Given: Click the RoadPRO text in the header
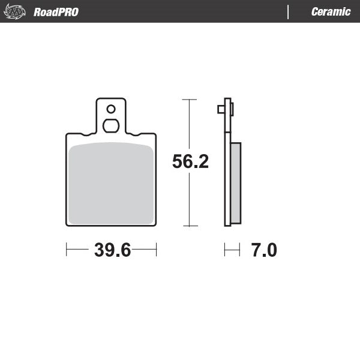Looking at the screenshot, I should (56, 12).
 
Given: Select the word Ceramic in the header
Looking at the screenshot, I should (331, 12).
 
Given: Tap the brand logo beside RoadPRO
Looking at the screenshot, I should (16, 12).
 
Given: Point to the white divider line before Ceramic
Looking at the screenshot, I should (289, 12).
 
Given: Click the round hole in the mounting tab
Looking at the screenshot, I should (110, 109).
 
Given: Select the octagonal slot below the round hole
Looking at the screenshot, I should (110, 125).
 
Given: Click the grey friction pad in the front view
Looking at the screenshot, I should (111, 183).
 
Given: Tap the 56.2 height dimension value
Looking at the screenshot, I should (190, 162).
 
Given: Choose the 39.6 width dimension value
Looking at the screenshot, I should (112, 250).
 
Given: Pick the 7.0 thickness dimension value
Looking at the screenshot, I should (263, 250).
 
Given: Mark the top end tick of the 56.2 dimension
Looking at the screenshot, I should (190, 99).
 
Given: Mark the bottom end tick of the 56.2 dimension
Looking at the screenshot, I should (190, 226).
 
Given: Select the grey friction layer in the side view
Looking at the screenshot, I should (235, 183).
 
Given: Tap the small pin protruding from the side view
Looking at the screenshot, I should (220, 109).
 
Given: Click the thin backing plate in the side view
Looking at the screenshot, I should (227, 180).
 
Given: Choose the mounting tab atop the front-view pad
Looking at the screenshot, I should (110, 117).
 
